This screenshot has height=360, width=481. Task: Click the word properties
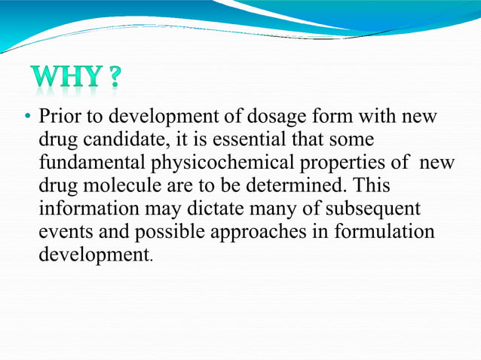tap(325, 163)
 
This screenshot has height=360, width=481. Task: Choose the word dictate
tap(209, 208)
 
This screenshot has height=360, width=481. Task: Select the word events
tap(61, 230)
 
